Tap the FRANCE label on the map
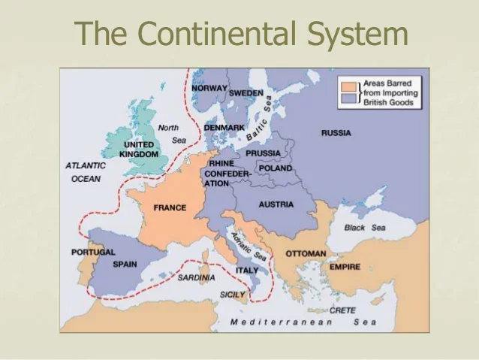170,207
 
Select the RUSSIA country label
336,133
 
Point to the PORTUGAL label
94,253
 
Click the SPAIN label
125,265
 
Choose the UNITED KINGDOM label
139,149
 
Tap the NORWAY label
209,88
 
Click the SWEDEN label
246,93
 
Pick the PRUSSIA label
263,153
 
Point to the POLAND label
276,168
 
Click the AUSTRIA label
276,204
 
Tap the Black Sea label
365,228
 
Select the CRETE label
343,310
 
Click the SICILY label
233,295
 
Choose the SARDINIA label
196,277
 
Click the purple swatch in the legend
347,98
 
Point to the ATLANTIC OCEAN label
86,172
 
